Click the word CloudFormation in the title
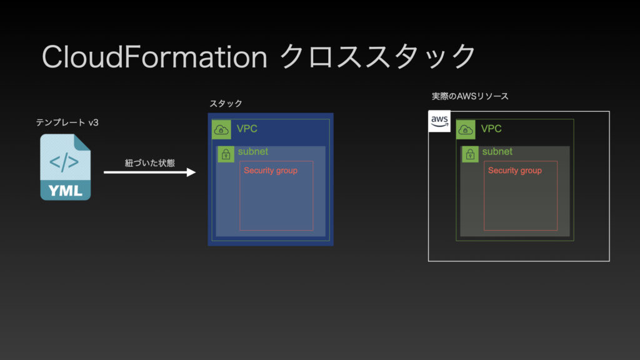click(x=154, y=57)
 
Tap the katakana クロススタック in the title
click(x=377, y=56)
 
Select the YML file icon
click(x=65, y=167)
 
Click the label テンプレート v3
click(x=67, y=122)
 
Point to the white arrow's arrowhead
click(x=191, y=172)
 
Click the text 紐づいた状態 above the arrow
click(x=150, y=163)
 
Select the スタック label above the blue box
click(x=226, y=103)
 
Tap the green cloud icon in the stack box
click(x=221, y=130)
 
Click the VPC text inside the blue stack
click(x=247, y=129)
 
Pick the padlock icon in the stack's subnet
click(x=226, y=154)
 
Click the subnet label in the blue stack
click(x=253, y=151)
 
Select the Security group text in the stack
click(x=271, y=170)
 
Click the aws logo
click(x=439, y=121)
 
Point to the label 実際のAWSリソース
click(x=470, y=96)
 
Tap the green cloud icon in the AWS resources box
click(x=466, y=130)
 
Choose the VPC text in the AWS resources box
click(x=491, y=129)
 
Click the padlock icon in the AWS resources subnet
click(x=470, y=154)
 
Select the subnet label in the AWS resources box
click(x=497, y=151)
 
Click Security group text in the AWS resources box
click(x=515, y=170)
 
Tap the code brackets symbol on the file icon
click(x=64, y=162)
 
